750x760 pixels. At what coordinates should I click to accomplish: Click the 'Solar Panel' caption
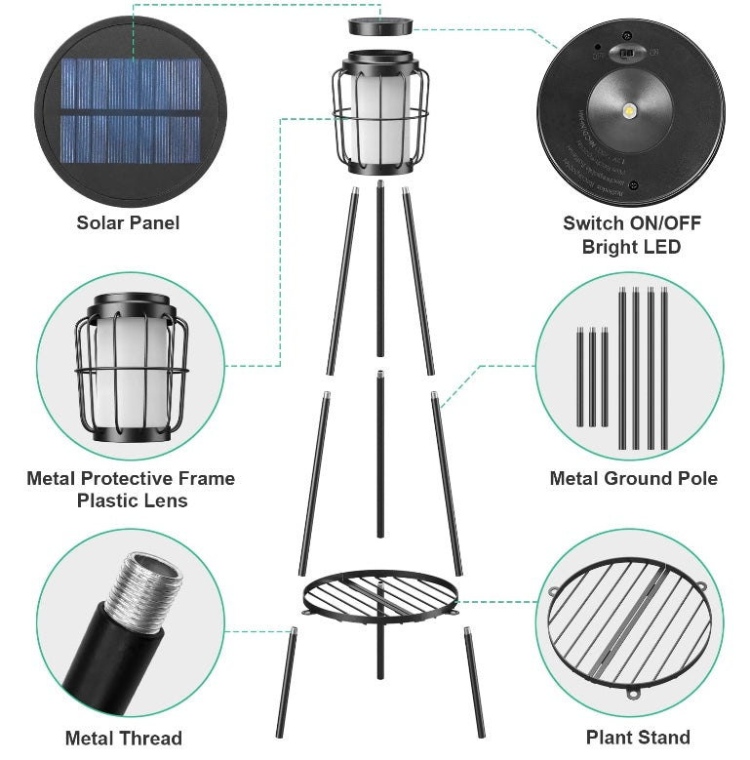[x=128, y=222]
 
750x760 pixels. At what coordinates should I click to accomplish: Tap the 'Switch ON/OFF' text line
[x=631, y=222]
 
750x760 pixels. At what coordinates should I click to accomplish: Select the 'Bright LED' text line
[x=631, y=247]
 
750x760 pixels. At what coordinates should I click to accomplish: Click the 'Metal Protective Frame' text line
[x=131, y=478]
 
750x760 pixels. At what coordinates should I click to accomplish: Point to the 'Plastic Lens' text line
[x=132, y=500]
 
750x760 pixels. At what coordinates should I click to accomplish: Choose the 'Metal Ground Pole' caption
[x=633, y=478]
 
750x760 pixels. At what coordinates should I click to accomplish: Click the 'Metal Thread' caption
[x=124, y=738]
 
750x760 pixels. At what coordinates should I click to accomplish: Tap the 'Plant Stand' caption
[x=638, y=738]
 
